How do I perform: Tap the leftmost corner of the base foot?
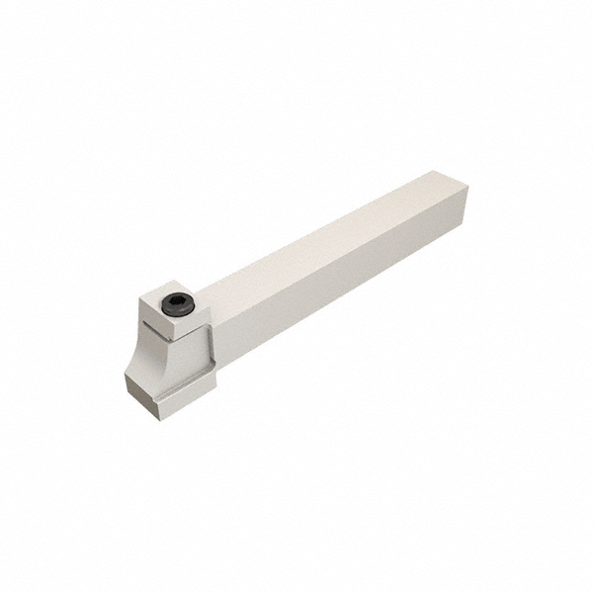click(126, 376)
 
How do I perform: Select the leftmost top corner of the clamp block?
click(139, 302)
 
